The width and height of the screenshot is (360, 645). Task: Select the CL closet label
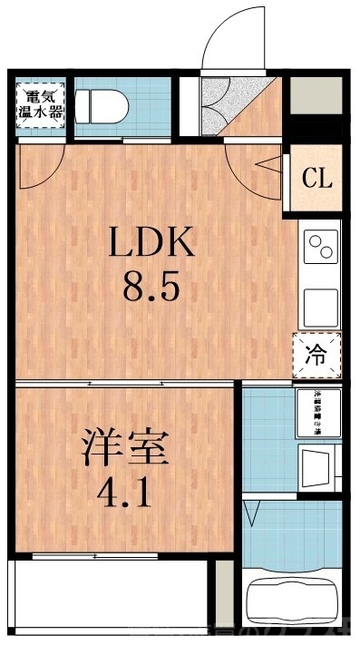coord(317,178)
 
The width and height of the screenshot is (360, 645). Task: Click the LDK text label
coord(152,243)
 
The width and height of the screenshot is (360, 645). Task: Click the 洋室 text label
coord(124,451)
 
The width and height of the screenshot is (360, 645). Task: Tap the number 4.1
coord(124,495)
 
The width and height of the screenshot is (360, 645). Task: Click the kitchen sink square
coord(322,307)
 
